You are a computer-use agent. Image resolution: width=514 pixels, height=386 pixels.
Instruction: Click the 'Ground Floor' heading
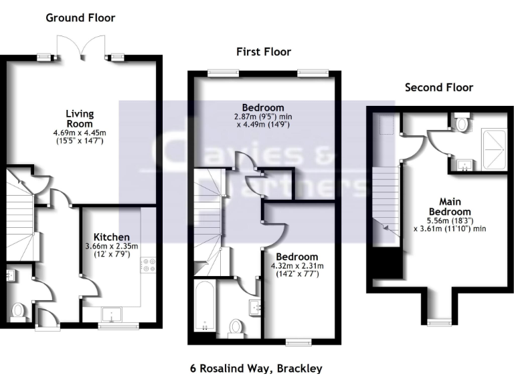coord(80,18)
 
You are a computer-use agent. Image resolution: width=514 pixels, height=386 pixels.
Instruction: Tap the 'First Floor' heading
coord(263,52)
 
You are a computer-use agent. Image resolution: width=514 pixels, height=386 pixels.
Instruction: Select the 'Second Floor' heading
coord(438,88)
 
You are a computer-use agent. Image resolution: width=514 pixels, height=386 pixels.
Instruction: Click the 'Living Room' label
coord(80,118)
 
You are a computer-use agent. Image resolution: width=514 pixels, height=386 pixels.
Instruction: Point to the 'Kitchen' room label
coord(107,237)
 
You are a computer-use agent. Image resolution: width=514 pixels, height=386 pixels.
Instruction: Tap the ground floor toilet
coord(19,311)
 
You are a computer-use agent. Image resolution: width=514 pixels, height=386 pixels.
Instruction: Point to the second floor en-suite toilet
coord(460,123)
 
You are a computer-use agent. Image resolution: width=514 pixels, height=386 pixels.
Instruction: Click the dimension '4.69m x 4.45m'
coord(80,133)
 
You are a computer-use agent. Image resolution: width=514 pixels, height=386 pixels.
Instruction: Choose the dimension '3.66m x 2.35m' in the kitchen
coord(111,247)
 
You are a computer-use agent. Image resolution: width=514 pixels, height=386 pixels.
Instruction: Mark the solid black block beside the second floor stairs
coord(387,263)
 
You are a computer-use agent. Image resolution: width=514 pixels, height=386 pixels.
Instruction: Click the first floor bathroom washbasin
coord(256,307)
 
